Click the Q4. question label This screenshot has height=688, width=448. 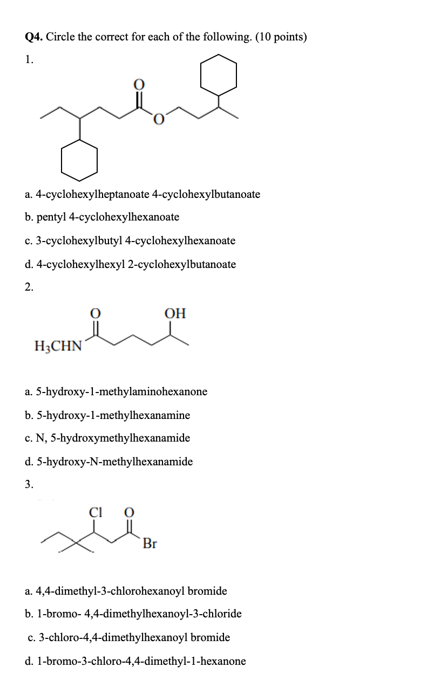35,37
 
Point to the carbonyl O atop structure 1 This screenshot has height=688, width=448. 139,85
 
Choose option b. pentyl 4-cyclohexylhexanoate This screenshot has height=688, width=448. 102,217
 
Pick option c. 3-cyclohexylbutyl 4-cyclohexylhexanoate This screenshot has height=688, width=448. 130,240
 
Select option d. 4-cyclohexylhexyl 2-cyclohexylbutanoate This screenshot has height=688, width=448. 130,264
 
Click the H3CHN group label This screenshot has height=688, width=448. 58,345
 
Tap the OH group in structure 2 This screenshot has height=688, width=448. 175,313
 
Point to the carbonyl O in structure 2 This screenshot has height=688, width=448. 95,313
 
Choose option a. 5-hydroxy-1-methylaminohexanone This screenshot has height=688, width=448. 116,391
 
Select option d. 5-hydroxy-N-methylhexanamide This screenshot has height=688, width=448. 108,462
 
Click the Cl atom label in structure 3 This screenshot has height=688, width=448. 95,513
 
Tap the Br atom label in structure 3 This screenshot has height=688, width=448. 150,543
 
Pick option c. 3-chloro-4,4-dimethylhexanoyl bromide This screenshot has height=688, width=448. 128,637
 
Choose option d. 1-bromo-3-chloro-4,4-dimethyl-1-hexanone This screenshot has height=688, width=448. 135,661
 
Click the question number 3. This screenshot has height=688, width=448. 29,484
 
